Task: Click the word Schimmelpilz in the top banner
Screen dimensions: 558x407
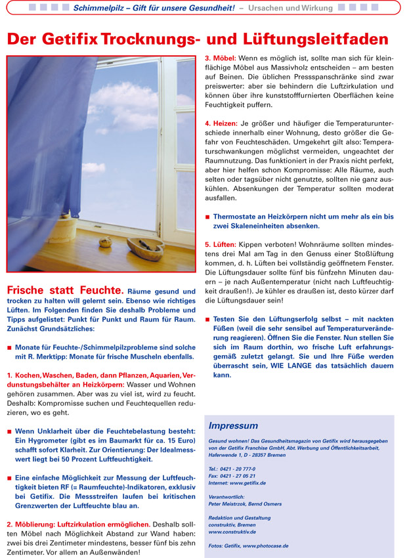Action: pyautogui.click(x=98, y=7)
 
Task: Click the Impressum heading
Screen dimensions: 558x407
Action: pyautogui.click(x=233, y=425)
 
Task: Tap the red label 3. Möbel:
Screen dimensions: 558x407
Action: pyautogui.click(x=221, y=58)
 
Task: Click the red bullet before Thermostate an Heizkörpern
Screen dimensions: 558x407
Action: pyautogui.click(x=207, y=217)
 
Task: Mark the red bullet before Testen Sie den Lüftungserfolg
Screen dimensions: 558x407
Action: pyautogui.click(x=207, y=320)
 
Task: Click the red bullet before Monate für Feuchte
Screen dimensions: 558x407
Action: pyautogui.click(x=9, y=347)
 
